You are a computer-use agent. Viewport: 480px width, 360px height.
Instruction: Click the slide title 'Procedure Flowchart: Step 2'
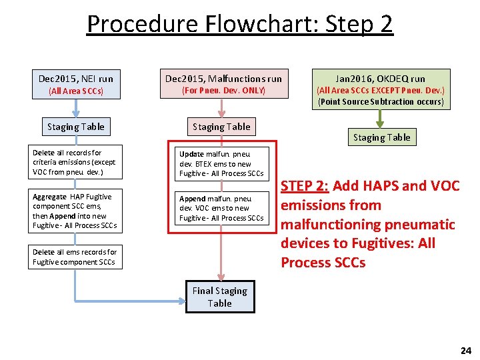[240, 25]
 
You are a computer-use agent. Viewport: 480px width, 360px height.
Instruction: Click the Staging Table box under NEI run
[75, 127]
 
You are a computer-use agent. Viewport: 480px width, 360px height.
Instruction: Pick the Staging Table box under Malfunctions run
[221, 127]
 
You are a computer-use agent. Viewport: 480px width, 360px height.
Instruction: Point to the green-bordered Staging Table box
[382, 137]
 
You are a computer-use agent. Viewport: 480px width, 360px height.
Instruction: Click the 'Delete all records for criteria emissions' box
[74, 163]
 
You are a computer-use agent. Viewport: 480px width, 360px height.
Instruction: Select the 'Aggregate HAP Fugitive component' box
[74, 211]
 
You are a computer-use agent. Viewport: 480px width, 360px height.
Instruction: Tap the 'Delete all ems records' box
[74, 257]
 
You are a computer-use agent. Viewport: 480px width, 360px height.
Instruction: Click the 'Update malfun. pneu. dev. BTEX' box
[221, 163]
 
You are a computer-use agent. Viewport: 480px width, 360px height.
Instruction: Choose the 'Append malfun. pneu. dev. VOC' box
[221, 208]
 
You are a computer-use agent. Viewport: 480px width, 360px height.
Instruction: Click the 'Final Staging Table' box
[220, 297]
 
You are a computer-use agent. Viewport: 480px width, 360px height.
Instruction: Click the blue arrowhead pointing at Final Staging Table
[180, 297]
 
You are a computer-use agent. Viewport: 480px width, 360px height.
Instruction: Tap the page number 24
[465, 350]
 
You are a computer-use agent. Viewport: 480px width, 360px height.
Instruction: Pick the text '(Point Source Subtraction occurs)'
[381, 102]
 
